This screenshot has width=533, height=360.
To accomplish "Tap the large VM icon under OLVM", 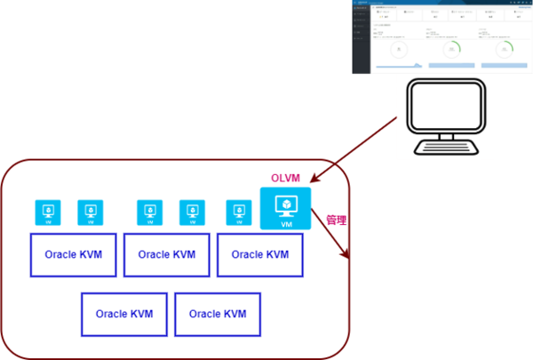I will (x=285, y=209).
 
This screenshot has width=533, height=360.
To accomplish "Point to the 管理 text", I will (x=336, y=219).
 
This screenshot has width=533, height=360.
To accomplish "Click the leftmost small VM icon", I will (x=47, y=212).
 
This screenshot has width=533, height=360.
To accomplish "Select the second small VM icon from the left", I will (x=89, y=212).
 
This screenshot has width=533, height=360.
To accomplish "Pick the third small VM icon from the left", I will (x=149, y=212).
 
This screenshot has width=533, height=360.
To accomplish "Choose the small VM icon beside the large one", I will (x=238, y=212).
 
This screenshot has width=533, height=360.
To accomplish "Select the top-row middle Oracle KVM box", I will (x=167, y=256).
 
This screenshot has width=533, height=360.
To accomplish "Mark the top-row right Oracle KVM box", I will (x=259, y=256).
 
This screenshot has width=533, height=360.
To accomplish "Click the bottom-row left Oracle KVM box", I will (x=124, y=314).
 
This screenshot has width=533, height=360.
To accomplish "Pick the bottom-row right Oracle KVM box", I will (x=218, y=314).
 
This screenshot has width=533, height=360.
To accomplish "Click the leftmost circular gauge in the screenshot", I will (x=398, y=48).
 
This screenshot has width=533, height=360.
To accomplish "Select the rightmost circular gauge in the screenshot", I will (x=505, y=48).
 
